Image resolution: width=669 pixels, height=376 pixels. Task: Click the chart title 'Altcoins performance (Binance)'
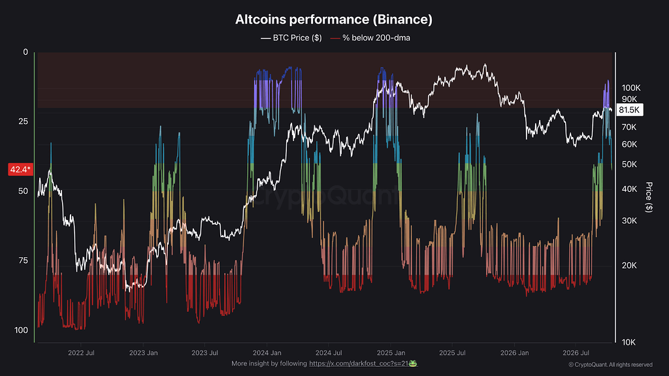click(x=334, y=19)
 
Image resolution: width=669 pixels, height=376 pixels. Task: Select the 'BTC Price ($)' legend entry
click(x=291, y=38)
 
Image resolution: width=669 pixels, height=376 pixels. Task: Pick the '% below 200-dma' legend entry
click(x=370, y=38)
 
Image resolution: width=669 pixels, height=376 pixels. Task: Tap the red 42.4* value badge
click(x=20, y=169)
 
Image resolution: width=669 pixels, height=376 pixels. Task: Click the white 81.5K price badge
click(x=629, y=110)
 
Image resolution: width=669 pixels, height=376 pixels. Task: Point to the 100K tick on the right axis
click(x=631, y=88)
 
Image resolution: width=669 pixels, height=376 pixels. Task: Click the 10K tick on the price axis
click(x=628, y=342)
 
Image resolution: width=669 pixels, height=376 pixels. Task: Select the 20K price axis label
click(x=629, y=265)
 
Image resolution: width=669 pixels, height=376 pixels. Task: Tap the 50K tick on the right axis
click(x=629, y=164)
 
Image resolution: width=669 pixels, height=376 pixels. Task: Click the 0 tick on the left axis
click(x=25, y=52)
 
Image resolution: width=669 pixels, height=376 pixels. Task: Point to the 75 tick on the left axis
click(x=23, y=260)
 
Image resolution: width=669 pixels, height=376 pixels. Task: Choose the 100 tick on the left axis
click(x=21, y=330)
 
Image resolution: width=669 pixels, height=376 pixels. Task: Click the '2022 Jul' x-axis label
click(x=81, y=353)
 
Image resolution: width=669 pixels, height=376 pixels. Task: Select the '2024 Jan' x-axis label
click(x=267, y=353)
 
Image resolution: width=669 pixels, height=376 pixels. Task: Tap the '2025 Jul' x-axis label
click(x=452, y=353)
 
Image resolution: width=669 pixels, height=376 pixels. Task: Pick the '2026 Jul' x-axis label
click(x=576, y=353)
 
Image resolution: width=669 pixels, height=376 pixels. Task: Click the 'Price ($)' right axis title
click(x=649, y=197)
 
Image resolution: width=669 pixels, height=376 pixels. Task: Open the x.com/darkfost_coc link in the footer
click(x=359, y=364)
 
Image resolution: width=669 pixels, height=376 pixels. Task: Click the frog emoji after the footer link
click(x=413, y=364)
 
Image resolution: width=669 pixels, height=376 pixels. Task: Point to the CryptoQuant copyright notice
click(x=611, y=364)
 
